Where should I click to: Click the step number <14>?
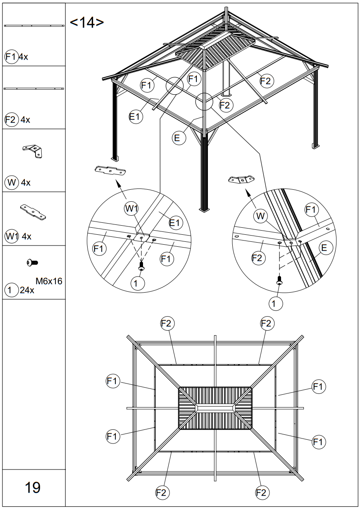coord(87,23)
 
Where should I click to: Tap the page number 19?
coord(33,487)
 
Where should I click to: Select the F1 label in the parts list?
coord(11,57)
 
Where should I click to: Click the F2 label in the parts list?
coord(11,120)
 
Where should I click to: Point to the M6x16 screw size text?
coord(49,281)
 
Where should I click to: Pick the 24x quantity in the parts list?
coord(26,290)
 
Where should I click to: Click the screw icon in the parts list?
coord(32,262)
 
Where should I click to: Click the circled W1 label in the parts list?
coord(12,236)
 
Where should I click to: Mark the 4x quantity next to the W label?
coord(26,182)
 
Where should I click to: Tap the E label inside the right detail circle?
coord(324,248)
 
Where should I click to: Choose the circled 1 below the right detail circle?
coord(276,303)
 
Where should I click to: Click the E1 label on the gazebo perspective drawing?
coord(136,117)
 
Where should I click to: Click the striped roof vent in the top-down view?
coord(215,408)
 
